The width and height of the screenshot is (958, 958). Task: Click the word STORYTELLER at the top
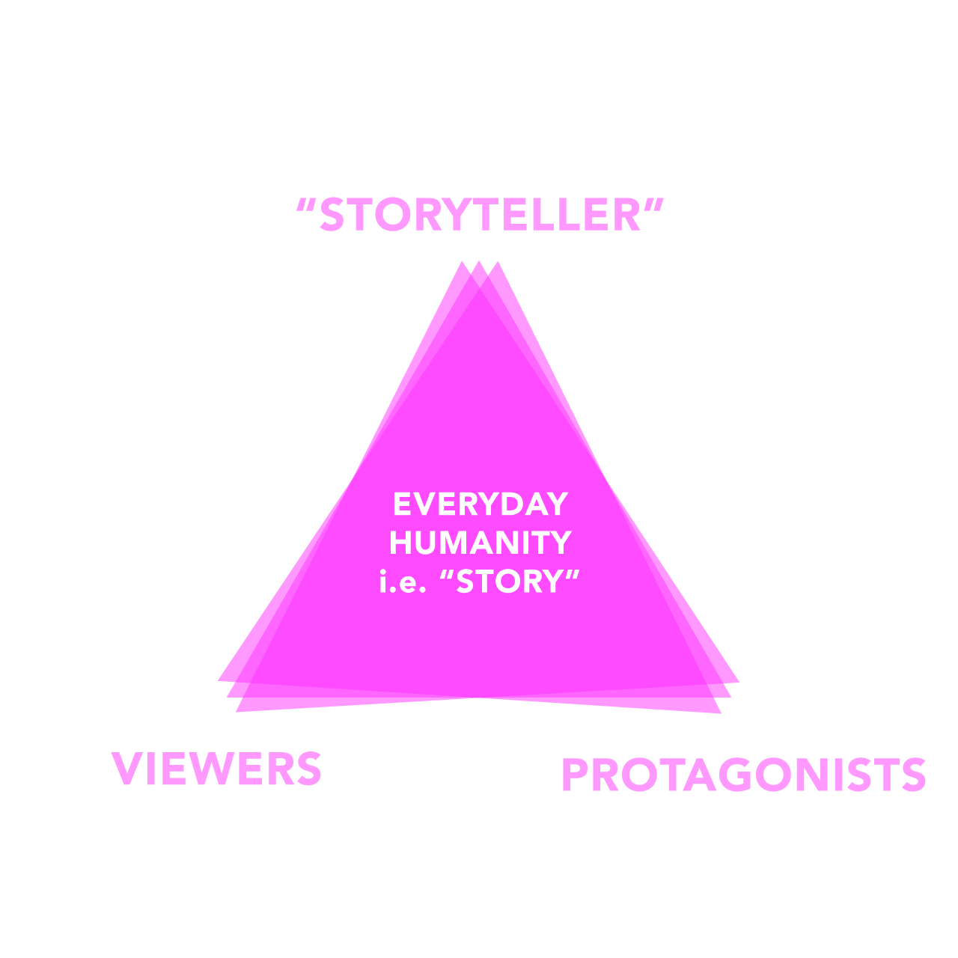(x=480, y=216)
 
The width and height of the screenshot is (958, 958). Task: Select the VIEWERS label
(x=216, y=769)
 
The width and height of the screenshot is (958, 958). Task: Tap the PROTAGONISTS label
(x=743, y=775)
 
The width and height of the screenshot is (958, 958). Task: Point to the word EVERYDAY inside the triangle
(x=480, y=504)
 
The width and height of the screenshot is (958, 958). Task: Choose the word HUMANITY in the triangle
(x=480, y=543)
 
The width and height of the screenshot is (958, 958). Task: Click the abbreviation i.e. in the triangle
(x=402, y=582)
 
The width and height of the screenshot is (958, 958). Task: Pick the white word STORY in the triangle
(x=509, y=582)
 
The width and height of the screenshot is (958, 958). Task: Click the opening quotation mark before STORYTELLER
(x=305, y=204)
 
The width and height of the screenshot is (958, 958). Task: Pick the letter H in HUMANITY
(x=402, y=543)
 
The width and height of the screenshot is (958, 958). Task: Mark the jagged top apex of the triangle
(x=480, y=268)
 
